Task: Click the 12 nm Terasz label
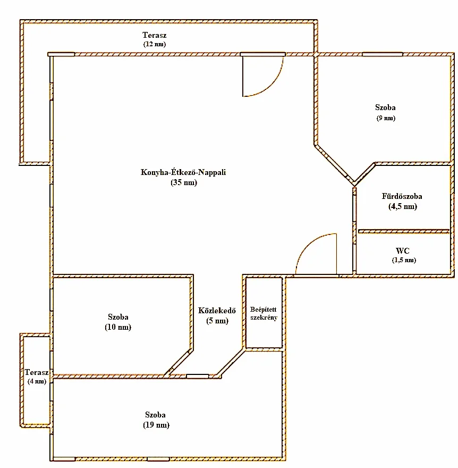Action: point(154,39)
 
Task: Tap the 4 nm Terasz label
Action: point(37,377)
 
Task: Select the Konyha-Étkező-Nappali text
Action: point(183,172)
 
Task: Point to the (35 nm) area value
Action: point(184,182)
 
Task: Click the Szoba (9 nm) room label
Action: point(385,112)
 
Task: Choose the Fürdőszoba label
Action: point(402,196)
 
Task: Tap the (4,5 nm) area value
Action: point(403,206)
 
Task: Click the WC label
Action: point(403,250)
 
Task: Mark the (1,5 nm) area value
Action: point(404,260)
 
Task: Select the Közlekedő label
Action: point(217,311)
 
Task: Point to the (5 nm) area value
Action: point(217,321)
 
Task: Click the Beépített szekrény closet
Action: point(264,313)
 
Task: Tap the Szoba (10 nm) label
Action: point(118,322)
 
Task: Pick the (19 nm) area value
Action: point(156,425)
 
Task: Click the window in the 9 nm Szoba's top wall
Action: point(383,54)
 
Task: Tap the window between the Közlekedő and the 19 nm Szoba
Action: point(198,376)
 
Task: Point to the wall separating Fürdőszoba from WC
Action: point(404,231)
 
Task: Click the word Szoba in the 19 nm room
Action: point(155,415)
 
